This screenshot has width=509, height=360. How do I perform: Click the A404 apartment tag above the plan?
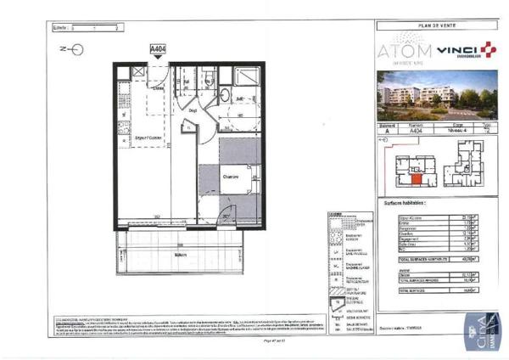[x=158, y=49]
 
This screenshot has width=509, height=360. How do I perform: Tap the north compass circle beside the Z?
[x=78, y=50]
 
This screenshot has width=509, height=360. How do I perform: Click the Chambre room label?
[x=230, y=177]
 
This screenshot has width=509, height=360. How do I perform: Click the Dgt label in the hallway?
[x=193, y=110]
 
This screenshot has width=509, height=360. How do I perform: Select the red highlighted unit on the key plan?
[x=416, y=177]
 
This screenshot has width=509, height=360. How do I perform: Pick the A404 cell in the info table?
[x=415, y=132]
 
